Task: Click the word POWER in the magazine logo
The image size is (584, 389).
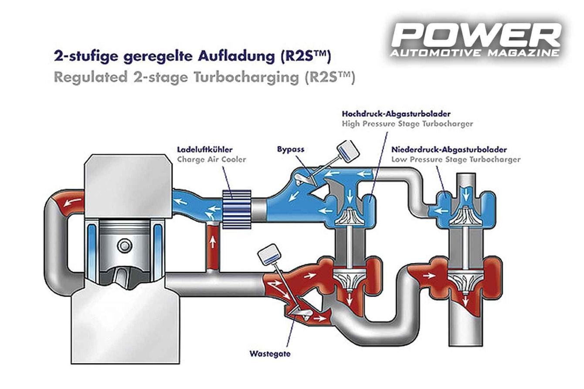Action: [476, 35]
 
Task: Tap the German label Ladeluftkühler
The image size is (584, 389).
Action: [205, 150]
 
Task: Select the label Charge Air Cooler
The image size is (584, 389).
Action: [211, 160]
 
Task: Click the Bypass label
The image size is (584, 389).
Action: [291, 150]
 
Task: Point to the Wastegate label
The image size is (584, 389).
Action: [270, 354]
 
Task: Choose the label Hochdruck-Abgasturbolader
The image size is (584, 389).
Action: [396, 114]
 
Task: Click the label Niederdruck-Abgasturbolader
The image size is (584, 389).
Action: [449, 150]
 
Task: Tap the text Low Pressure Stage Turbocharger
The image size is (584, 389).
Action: [456, 160]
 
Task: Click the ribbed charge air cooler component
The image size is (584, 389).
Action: [237, 209]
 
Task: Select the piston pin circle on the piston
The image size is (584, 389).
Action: [124, 246]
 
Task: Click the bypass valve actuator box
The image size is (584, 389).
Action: [348, 152]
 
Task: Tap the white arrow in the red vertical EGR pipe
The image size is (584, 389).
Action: [213, 242]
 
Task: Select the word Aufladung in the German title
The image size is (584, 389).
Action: [236, 57]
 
